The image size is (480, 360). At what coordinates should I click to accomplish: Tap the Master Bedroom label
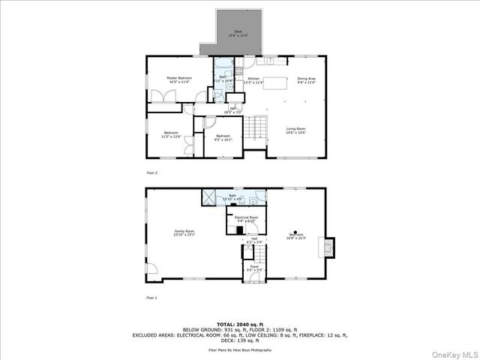point(179,79)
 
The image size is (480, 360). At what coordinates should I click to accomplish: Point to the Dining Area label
point(306,79)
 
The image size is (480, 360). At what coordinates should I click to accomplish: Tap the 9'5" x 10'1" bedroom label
point(223,137)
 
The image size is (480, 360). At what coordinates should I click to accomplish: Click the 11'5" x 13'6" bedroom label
point(171,137)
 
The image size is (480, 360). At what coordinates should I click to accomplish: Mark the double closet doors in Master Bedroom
point(162,97)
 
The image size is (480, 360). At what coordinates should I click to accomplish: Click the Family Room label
point(184,232)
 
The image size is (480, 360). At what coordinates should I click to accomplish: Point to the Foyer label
point(254,268)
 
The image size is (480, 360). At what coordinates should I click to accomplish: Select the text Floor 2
point(152,172)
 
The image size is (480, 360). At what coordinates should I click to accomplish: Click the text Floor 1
point(152,298)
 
